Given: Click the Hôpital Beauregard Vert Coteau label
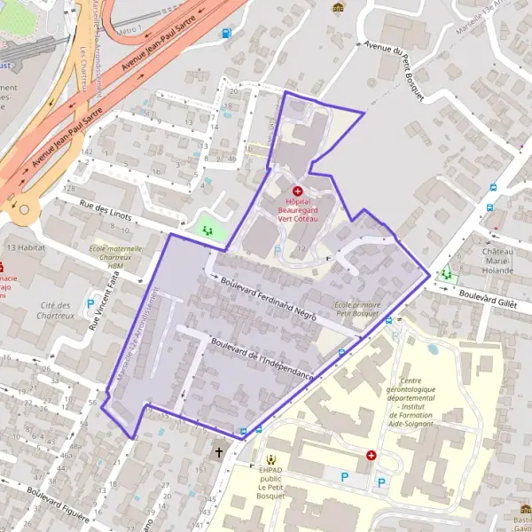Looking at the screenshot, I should [296, 209].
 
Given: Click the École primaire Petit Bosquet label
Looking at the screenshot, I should [356, 309].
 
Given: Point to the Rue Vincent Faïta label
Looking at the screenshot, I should [103, 301].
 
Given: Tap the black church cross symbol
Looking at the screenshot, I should [218, 452].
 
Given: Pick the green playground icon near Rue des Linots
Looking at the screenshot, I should [208, 230].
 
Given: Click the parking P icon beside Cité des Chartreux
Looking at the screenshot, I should [90, 303].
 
